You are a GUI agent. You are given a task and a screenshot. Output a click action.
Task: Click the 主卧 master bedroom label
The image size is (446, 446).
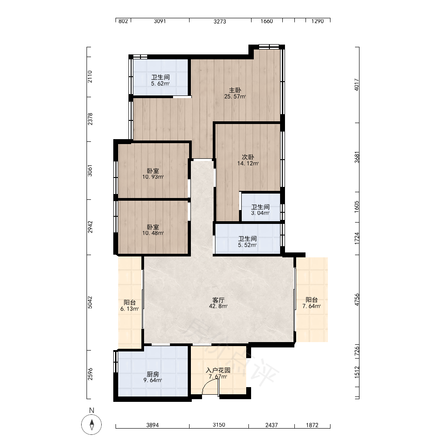(235, 90)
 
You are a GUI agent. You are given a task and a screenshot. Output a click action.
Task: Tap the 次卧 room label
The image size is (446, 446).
(248, 157)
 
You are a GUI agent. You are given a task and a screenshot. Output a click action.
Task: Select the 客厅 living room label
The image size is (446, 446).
(219, 300)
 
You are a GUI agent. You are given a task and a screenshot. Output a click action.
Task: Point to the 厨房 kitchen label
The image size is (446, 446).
(153, 374)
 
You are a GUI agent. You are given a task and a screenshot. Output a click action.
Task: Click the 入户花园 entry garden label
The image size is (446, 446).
(218, 370)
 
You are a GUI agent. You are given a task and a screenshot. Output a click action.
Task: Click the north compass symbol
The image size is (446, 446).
(91, 425)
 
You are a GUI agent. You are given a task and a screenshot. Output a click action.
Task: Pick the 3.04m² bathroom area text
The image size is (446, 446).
(260, 213)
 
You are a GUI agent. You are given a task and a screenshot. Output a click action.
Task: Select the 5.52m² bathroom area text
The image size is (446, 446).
(248, 245)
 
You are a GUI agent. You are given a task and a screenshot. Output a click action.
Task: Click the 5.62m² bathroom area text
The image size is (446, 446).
(161, 84)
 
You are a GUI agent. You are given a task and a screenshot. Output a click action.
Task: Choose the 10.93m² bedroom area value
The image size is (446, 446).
(153, 177)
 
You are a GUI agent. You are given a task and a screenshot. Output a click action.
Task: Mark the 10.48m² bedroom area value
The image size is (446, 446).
(153, 233)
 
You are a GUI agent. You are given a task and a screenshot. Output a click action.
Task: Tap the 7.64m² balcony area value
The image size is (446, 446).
(312, 306)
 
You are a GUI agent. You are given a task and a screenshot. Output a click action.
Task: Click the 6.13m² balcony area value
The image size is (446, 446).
(130, 309)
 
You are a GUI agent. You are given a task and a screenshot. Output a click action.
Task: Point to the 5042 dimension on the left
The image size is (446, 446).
(90, 302)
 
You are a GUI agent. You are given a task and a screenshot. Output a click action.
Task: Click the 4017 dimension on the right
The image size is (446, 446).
(357, 85)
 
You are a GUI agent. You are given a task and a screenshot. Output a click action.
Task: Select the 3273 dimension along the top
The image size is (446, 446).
(220, 21)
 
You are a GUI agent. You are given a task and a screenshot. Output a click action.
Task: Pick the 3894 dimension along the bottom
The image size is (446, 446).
(153, 425)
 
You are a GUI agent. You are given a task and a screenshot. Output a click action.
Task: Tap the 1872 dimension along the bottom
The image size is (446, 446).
(312, 425)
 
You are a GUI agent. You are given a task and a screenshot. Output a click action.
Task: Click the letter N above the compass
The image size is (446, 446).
(91, 410)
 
